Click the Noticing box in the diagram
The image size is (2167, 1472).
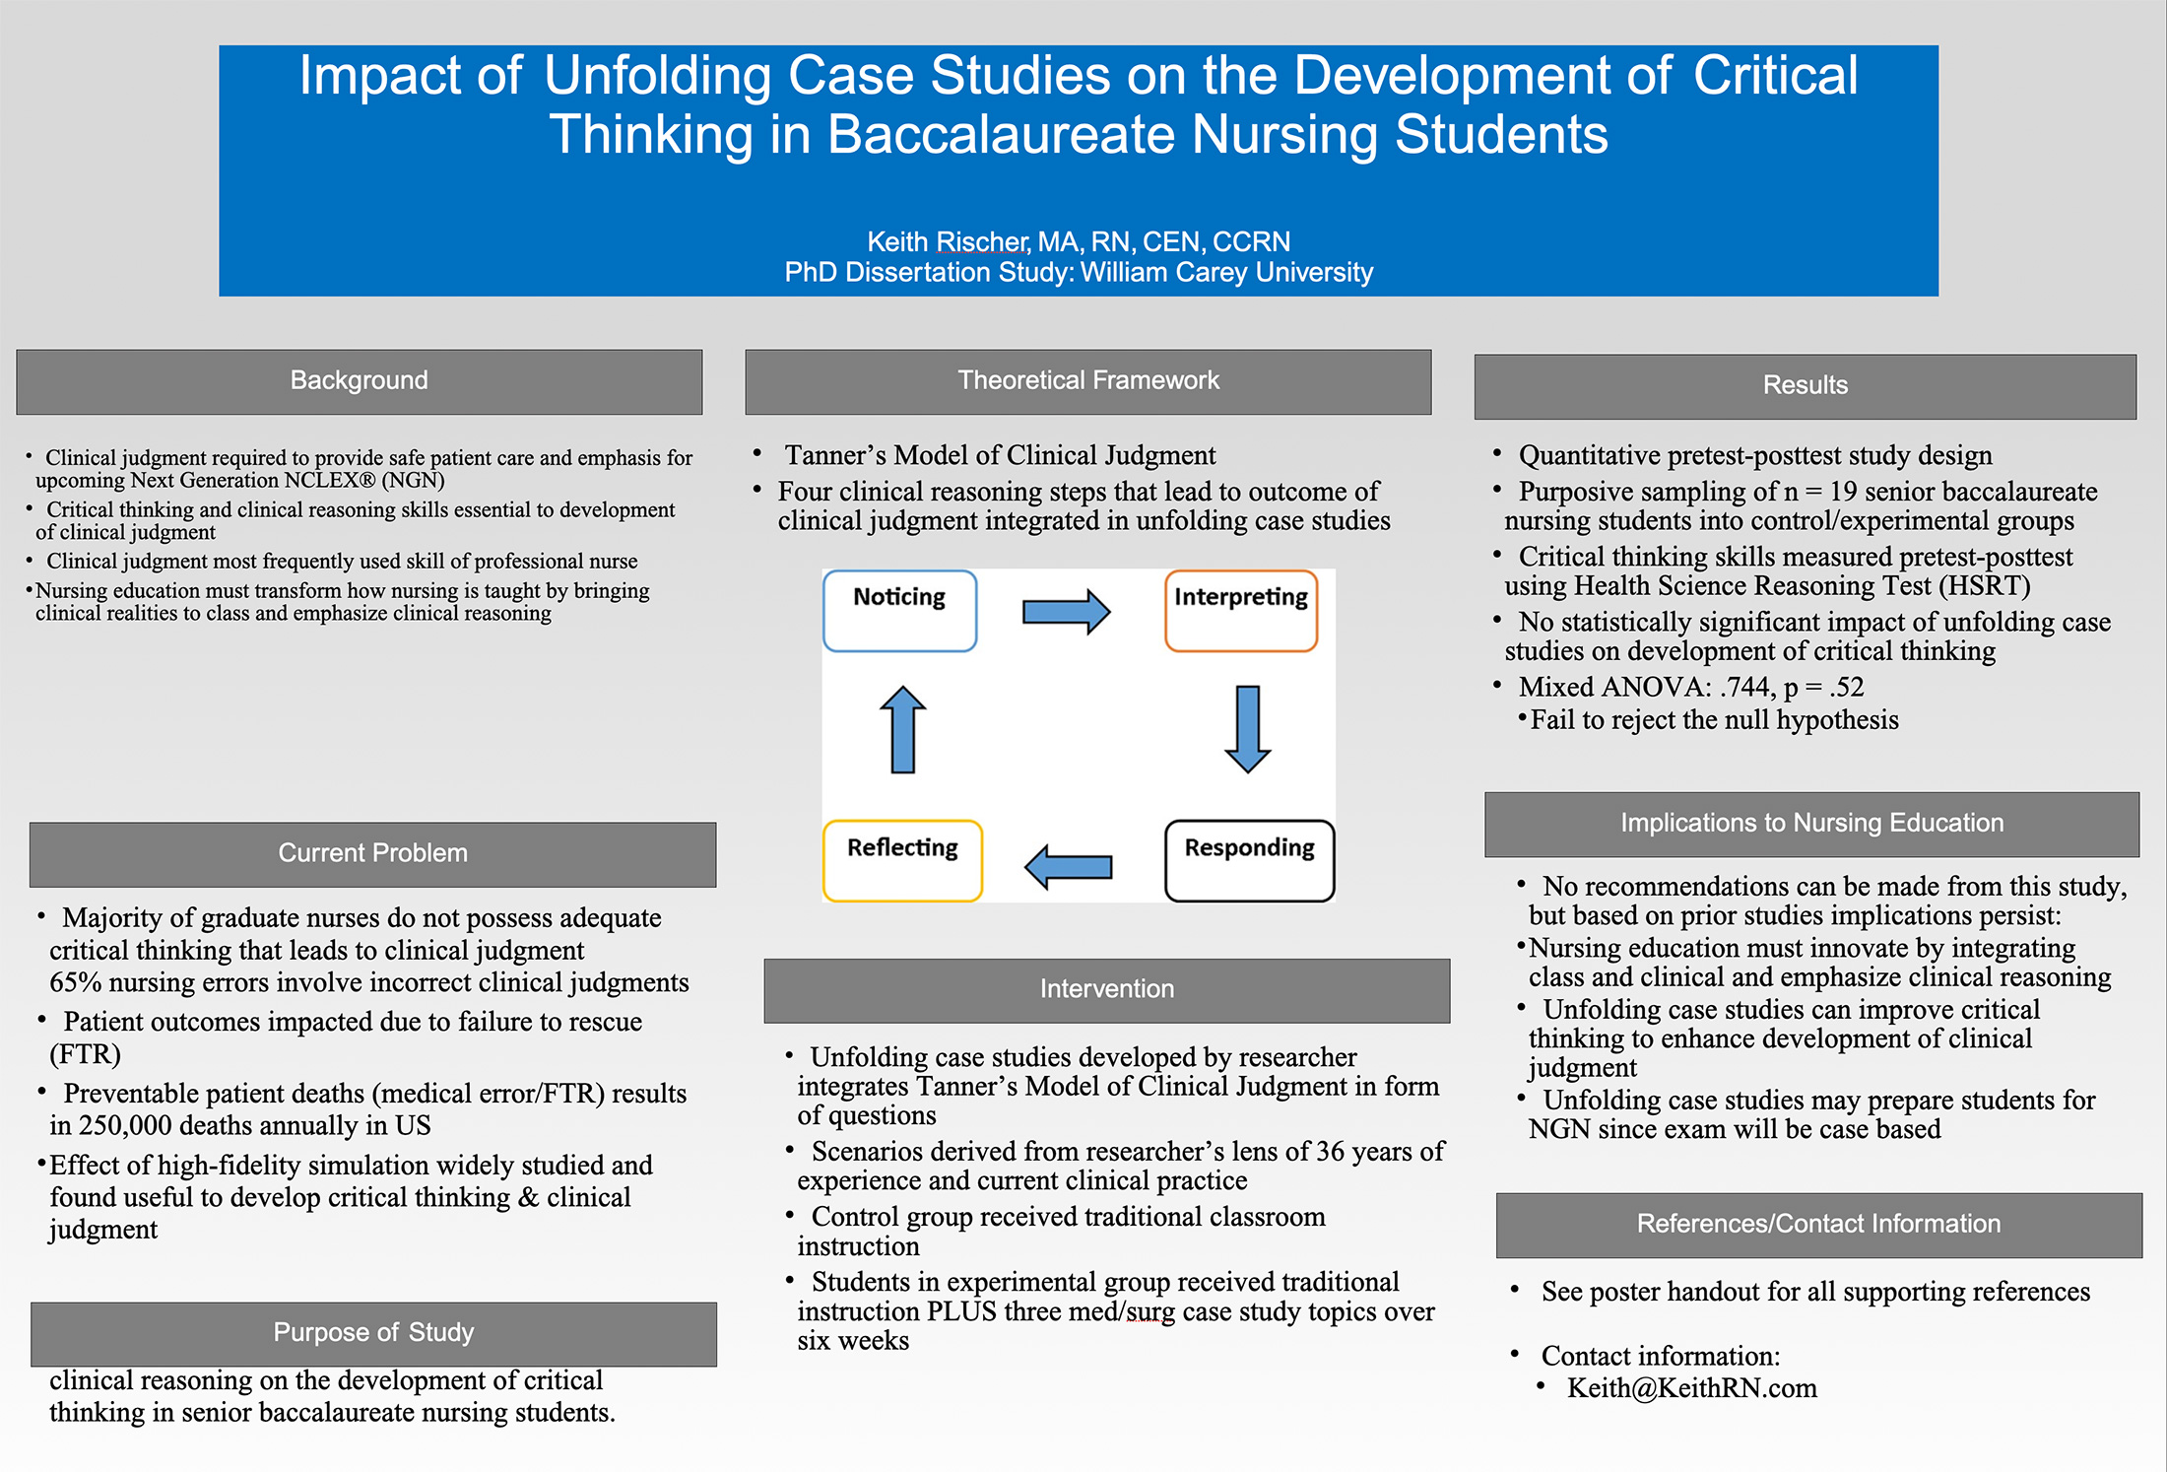point(899,611)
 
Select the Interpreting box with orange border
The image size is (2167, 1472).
point(1241,611)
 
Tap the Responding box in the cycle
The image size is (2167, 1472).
point(1249,861)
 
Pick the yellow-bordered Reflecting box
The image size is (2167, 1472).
point(902,861)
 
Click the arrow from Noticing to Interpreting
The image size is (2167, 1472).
point(1067,612)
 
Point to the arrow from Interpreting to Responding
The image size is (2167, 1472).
point(1248,729)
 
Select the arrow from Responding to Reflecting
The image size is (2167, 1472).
point(1069,867)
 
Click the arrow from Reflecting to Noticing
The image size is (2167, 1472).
point(903,729)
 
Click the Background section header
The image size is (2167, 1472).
point(360,381)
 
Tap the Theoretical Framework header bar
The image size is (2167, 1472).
point(1088,381)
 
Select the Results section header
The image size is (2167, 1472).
point(1806,386)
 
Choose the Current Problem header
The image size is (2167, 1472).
point(373,854)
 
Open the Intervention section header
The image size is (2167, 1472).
point(1107,990)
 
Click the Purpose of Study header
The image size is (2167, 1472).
point(374,1334)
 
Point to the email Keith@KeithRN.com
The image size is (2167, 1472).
point(1692,1388)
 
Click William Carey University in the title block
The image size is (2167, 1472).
point(1226,272)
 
